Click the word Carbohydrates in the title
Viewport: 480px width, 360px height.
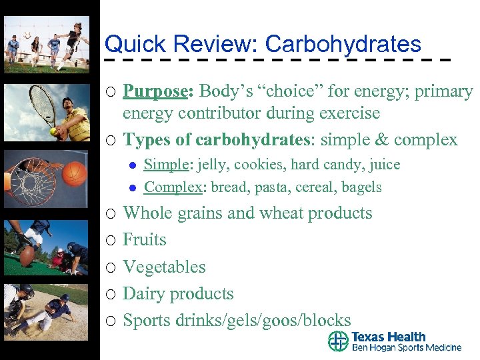[343, 45]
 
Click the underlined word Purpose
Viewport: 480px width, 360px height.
[155, 91]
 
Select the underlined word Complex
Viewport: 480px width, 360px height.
[172, 187]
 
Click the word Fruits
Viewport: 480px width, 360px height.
[145, 239]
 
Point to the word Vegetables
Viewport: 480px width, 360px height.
[164, 267]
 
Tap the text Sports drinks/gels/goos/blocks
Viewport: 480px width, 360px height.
[237, 320]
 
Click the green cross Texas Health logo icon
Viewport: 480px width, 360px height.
[338, 341]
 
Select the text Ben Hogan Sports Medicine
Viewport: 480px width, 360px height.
[406, 347]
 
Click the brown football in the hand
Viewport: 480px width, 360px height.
[27, 256]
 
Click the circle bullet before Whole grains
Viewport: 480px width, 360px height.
[111, 214]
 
